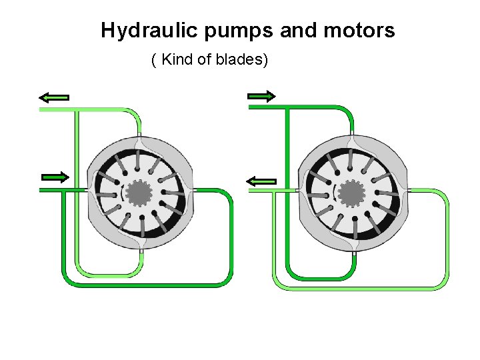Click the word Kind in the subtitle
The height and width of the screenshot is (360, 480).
(x=177, y=61)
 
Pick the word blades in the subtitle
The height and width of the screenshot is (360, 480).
(x=245, y=61)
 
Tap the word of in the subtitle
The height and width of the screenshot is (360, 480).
(x=205, y=61)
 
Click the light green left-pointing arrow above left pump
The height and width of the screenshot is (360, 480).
(x=54, y=97)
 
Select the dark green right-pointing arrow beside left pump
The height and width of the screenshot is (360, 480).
(x=55, y=177)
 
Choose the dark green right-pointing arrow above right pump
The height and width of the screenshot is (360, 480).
(x=261, y=97)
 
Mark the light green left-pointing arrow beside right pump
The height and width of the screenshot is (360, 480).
(x=261, y=181)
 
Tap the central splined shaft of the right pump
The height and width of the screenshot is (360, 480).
(x=351, y=193)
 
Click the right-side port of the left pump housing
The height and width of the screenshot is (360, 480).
(x=194, y=190)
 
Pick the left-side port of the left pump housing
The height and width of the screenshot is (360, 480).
(x=87, y=190)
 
